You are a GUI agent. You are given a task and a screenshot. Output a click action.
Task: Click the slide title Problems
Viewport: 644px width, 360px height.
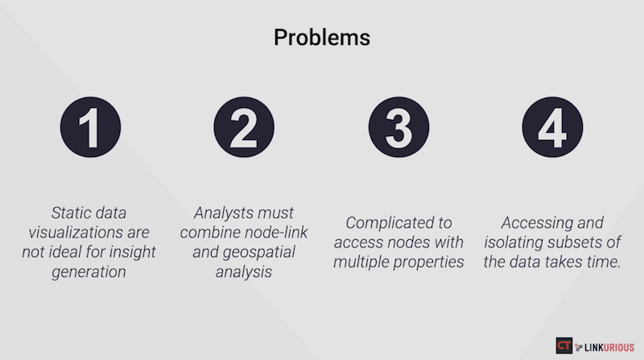pyautogui.click(x=322, y=38)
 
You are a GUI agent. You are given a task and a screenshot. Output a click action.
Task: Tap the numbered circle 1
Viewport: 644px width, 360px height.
pyautogui.click(x=90, y=127)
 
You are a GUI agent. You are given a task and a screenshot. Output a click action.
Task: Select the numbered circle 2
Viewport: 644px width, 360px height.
pyautogui.click(x=244, y=127)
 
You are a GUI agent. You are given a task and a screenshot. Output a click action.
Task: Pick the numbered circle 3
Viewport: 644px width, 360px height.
pyautogui.click(x=398, y=127)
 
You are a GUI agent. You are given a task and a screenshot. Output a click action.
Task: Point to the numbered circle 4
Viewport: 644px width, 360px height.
pyautogui.click(x=552, y=127)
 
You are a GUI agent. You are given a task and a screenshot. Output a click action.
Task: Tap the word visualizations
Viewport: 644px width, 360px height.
pyautogui.click(x=76, y=233)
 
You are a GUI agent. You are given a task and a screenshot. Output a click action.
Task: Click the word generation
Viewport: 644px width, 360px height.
pyautogui.click(x=89, y=272)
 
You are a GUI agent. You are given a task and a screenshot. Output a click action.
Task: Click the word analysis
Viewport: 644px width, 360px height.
pyautogui.click(x=244, y=272)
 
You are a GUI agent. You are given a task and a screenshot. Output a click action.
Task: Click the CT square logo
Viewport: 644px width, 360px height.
pyautogui.click(x=564, y=346)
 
